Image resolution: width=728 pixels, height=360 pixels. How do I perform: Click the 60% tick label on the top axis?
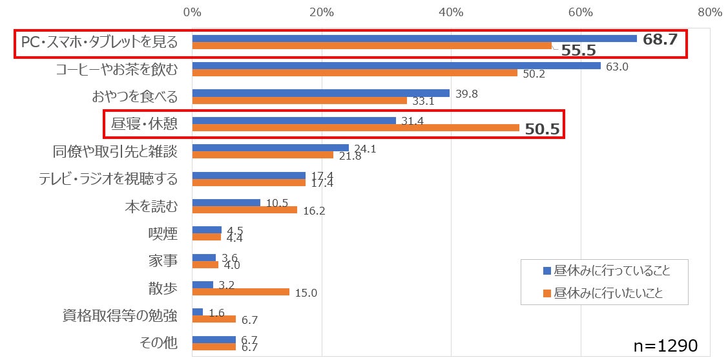click(x=581, y=12)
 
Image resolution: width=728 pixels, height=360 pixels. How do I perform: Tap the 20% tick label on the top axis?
click(x=321, y=12)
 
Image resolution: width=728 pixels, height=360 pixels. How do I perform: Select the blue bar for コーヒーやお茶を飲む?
click(x=396, y=65)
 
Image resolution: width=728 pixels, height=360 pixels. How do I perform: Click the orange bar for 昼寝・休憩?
click(x=355, y=128)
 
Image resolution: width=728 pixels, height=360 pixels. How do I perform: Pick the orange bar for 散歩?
click(x=240, y=292)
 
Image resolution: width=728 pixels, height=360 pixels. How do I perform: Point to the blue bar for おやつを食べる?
click(x=320, y=93)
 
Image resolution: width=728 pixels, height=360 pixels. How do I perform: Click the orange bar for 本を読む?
click(x=244, y=209)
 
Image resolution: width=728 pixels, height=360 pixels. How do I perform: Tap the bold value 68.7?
click(x=660, y=39)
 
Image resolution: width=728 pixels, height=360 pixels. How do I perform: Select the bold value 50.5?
click(x=541, y=129)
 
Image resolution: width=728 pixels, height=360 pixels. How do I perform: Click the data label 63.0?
click(x=617, y=66)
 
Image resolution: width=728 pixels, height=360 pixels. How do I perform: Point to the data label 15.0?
click(x=306, y=293)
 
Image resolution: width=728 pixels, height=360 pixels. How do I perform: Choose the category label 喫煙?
click(x=163, y=233)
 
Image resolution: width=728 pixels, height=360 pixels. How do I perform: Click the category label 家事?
click(x=163, y=261)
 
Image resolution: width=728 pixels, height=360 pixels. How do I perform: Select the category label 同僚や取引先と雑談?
click(x=114, y=152)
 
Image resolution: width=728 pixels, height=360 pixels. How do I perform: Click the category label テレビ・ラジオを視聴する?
click(x=108, y=178)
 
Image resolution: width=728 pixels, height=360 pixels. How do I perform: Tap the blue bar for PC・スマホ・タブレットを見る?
click(x=414, y=38)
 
